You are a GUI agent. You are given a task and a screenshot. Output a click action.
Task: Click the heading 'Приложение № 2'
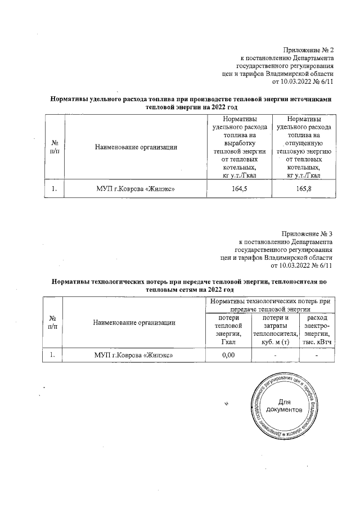click(x=308, y=49)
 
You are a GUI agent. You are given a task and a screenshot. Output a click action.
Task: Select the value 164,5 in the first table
click(x=239, y=189)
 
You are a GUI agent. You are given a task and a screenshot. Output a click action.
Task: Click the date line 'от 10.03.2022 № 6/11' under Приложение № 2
click(x=303, y=82)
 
